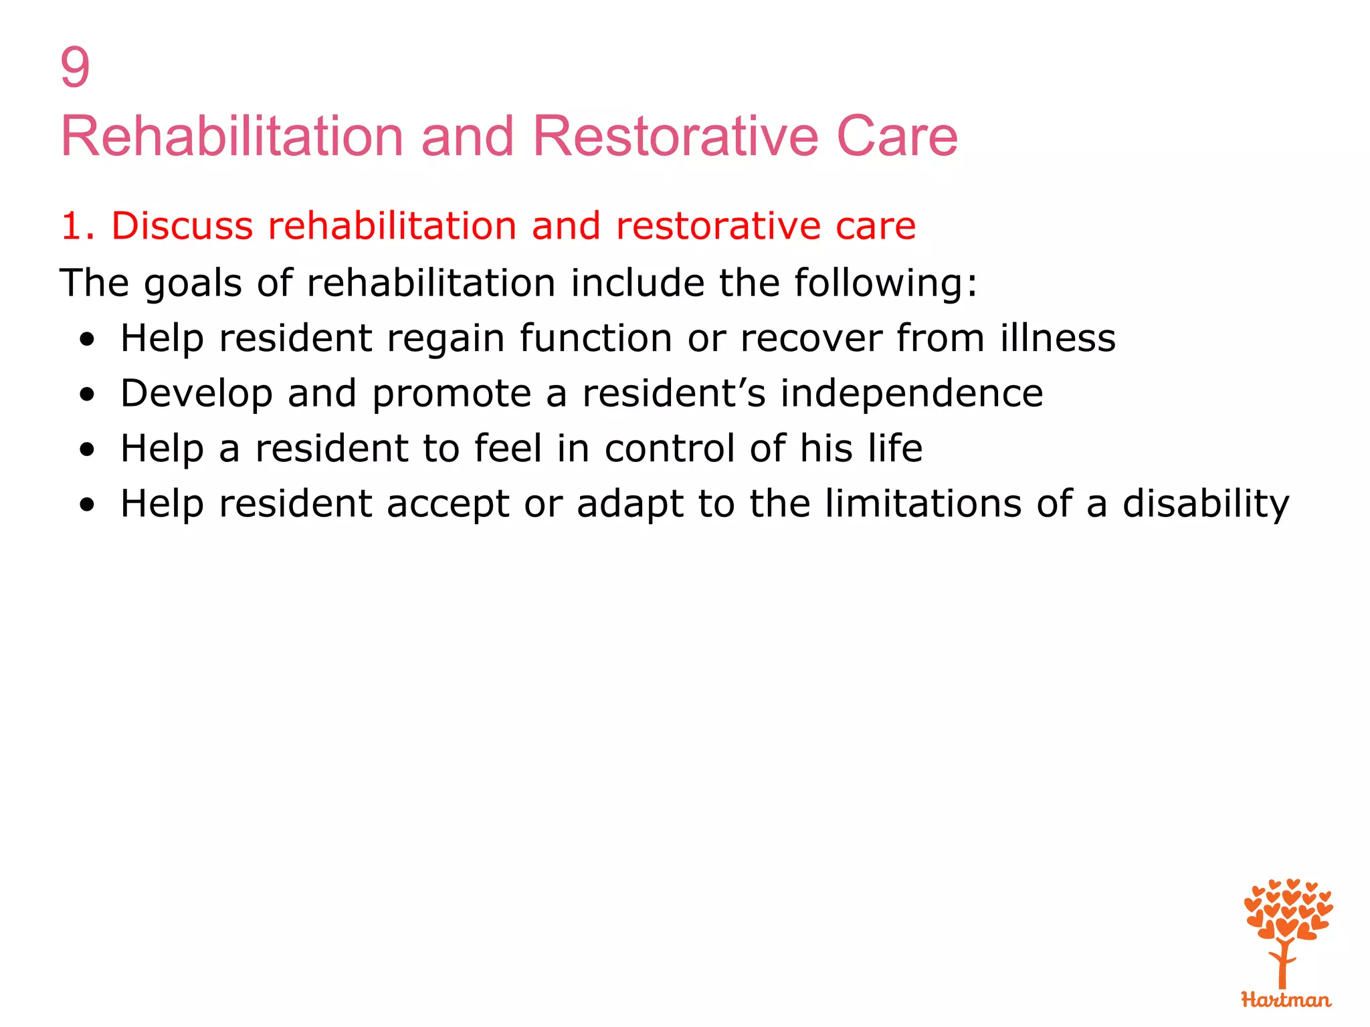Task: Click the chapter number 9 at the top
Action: tap(75, 68)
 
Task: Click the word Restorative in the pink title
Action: tap(675, 137)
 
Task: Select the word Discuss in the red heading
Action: tap(182, 226)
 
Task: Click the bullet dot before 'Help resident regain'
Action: tap(86, 340)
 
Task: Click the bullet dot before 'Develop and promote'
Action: tap(86, 395)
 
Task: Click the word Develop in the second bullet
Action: tap(196, 394)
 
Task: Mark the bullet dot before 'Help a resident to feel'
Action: tap(86, 450)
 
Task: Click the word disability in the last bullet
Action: tap(1205, 504)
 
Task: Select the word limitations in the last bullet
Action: tap(922, 503)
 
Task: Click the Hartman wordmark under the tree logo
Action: tap(1286, 1000)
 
